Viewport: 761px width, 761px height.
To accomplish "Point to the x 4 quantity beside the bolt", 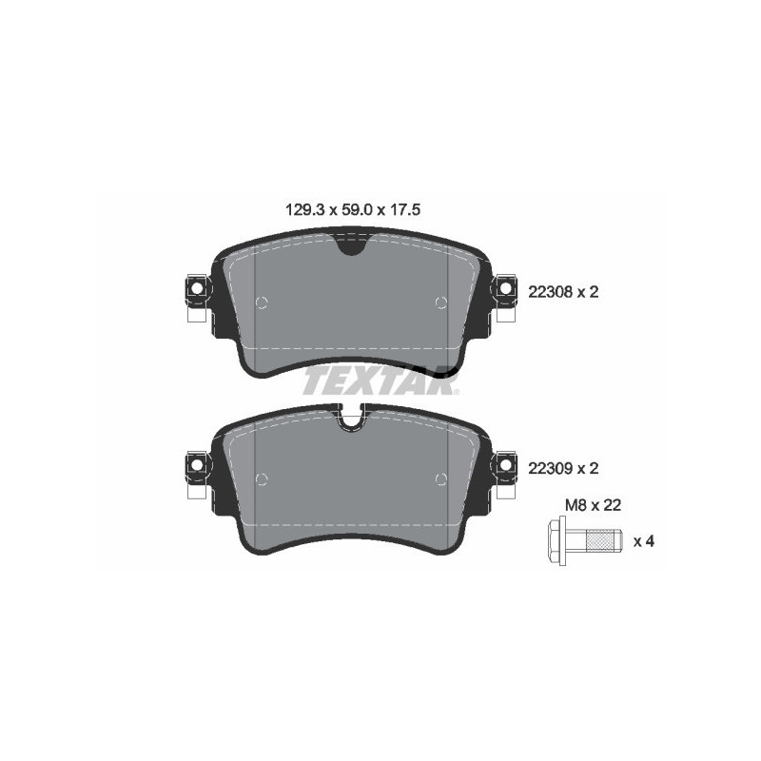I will (645, 541).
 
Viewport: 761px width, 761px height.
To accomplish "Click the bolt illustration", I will (587, 541).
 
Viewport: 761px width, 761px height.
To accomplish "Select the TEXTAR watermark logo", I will (380, 380).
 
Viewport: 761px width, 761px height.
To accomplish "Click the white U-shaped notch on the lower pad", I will (352, 416).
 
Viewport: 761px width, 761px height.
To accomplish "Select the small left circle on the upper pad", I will (263, 302).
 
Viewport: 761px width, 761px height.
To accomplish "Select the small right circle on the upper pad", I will (440, 302).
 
